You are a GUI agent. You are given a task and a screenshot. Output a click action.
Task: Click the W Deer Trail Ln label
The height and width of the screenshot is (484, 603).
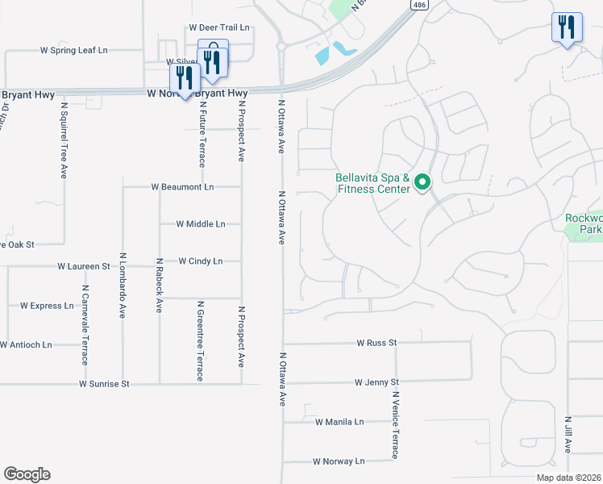click(x=219, y=27)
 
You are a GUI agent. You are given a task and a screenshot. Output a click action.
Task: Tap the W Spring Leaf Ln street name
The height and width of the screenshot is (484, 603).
click(x=74, y=50)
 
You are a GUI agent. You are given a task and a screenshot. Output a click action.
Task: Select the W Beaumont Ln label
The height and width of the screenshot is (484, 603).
click(x=183, y=187)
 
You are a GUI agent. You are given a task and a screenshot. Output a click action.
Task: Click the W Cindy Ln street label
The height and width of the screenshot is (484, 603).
click(x=200, y=261)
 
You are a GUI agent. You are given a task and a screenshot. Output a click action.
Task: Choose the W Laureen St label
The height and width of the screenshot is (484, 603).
click(x=84, y=266)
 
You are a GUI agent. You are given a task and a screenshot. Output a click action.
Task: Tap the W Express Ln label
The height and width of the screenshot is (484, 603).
click(x=47, y=306)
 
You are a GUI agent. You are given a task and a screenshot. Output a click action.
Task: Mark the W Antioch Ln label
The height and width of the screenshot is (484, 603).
click(x=26, y=345)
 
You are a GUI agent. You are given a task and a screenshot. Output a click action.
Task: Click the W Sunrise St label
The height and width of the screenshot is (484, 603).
click(x=104, y=384)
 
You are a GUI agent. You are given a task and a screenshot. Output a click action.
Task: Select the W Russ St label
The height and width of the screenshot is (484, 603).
click(x=377, y=343)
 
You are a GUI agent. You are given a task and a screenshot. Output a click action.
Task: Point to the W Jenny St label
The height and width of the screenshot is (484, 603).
click(x=376, y=382)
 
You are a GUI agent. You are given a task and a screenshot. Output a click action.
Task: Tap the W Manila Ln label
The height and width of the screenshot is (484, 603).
click(x=339, y=422)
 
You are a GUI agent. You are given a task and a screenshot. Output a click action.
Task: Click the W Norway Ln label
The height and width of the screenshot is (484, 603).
click(x=339, y=461)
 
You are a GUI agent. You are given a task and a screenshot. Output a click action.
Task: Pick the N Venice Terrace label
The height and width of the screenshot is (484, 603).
click(x=396, y=425)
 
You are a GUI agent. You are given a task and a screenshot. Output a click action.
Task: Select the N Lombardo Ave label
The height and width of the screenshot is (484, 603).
click(x=123, y=286)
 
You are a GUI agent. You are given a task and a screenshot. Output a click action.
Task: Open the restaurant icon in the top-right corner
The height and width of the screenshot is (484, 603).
click(x=567, y=28)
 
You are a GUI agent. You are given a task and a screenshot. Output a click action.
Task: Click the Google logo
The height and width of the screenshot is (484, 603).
click(x=27, y=474)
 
